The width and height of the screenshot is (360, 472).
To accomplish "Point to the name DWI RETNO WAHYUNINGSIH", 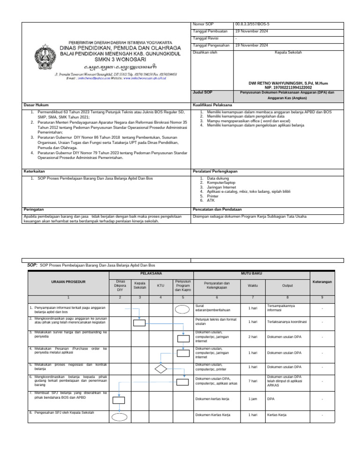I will point(288,83).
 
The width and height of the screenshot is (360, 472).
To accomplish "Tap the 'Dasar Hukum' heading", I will point(36,105).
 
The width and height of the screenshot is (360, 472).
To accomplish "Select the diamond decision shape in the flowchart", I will point(161,369).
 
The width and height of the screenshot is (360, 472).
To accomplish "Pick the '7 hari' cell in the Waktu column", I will point(252,381).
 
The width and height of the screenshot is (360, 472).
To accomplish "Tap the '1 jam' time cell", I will point(252,399).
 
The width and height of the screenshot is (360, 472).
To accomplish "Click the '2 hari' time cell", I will point(252,337).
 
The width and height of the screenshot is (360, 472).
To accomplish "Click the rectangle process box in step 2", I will point(139,322).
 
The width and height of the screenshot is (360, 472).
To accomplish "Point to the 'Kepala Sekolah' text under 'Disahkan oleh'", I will point(288,53).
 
